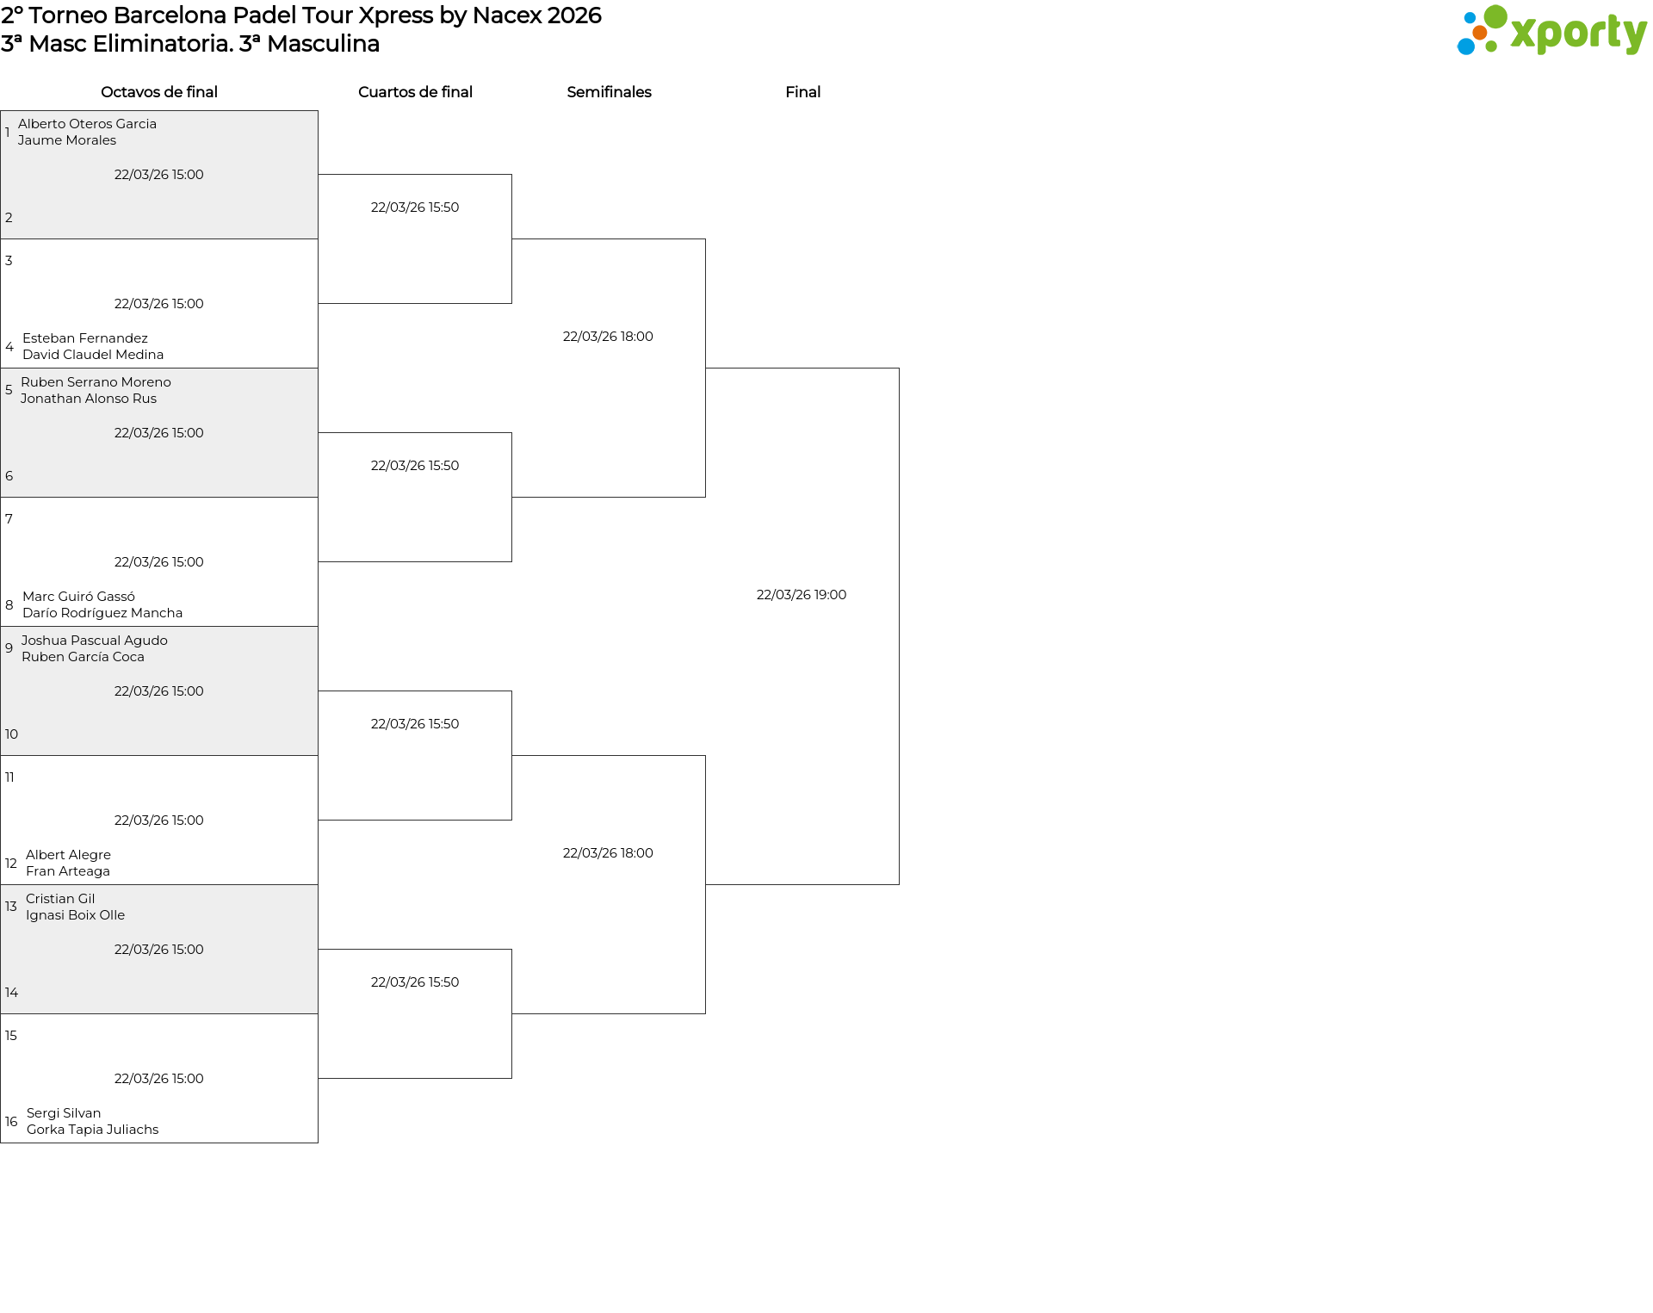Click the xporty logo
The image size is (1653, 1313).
(x=1551, y=30)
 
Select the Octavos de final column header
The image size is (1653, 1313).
(x=159, y=92)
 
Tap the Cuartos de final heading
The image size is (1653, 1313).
(x=415, y=92)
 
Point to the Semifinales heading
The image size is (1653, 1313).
(x=609, y=92)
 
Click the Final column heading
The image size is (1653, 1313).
(x=802, y=92)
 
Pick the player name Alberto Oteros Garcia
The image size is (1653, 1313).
(x=87, y=124)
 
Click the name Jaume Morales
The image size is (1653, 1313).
(x=67, y=140)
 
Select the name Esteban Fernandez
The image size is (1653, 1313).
(x=85, y=338)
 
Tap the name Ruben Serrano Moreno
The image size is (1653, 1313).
(x=96, y=382)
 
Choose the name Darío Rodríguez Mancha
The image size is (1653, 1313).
(x=102, y=613)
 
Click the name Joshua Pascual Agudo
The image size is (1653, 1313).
(x=95, y=641)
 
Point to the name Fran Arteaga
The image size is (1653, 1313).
(x=68, y=871)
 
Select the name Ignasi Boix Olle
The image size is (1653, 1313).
(x=75, y=915)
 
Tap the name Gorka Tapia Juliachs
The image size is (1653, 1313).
(x=93, y=1130)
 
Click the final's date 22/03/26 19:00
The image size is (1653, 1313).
(x=802, y=595)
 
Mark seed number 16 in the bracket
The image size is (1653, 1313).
(x=11, y=1122)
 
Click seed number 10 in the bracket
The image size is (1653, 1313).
(x=11, y=734)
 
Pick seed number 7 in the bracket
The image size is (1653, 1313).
(x=9, y=519)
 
